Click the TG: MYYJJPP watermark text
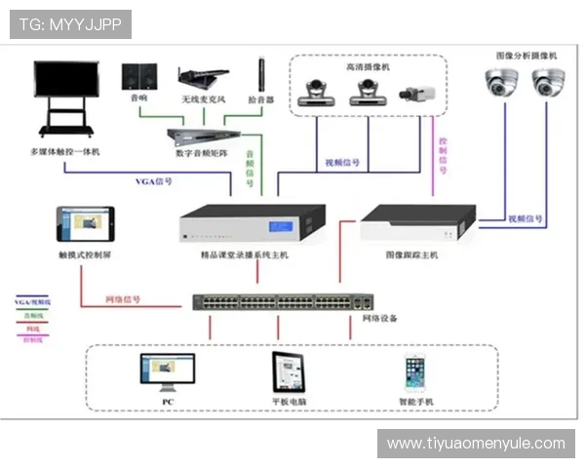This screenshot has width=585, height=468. [x=69, y=23]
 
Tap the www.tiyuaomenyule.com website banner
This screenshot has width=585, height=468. [x=475, y=444]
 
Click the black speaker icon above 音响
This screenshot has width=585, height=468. [x=139, y=77]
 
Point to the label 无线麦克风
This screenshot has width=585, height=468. [x=203, y=98]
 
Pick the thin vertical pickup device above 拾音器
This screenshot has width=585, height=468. [x=261, y=75]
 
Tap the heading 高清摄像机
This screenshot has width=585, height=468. [x=367, y=67]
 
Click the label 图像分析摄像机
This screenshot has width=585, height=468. [x=526, y=57]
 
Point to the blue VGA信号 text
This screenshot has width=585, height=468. [x=153, y=181]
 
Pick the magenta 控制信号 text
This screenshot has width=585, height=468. [x=443, y=156]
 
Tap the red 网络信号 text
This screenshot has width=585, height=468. [x=123, y=299]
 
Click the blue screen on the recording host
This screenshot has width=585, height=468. [x=282, y=227]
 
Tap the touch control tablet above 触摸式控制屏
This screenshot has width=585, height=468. [x=85, y=223]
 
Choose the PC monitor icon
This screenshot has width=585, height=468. [x=167, y=371]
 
